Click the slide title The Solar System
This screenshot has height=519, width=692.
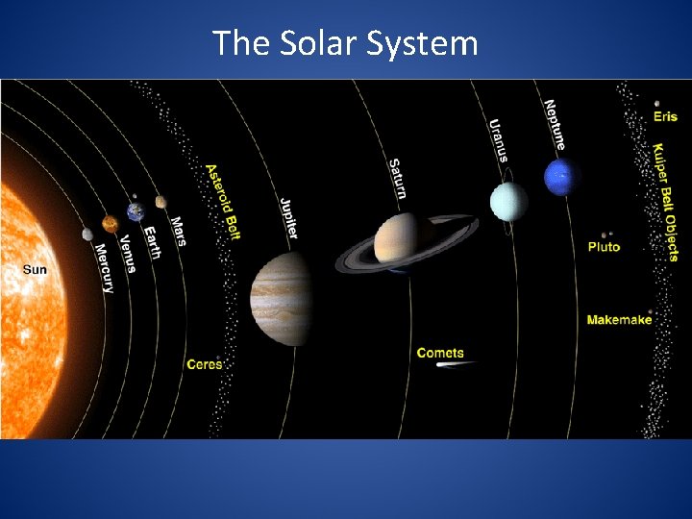click(x=345, y=43)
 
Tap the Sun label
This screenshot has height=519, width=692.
click(x=35, y=270)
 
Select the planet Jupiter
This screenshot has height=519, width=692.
click(x=281, y=299)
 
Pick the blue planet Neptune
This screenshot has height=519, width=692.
click(x=562, y=177)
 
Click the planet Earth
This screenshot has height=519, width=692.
click(x=136, y=211)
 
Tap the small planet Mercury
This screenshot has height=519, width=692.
click(x=87, y=234)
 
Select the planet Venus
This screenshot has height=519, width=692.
click(x=111, y=224)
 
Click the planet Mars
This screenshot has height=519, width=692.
click(x=161, y=202)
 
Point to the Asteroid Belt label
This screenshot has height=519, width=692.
click(x=223, y=201)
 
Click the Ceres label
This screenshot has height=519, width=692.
click(x=204, y=364)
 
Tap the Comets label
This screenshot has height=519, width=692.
click(x=440, y=353)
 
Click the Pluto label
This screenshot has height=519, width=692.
click(x=605, y=247)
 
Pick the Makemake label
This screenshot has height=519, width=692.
click(x=619, y=319)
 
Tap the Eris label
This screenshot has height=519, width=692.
click(x=665, y=117)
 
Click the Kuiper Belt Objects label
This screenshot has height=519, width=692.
click(x=665, y=203)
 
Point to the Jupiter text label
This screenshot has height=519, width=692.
click(x=288, y=218)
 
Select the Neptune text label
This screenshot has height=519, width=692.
click(x=555, y=124)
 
